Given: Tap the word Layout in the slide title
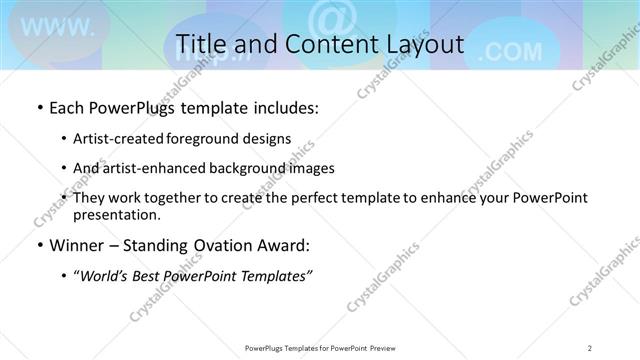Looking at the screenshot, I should click(419, 44).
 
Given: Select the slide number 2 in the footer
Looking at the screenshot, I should click(590, 347).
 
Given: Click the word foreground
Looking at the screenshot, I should click(215, 139).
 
